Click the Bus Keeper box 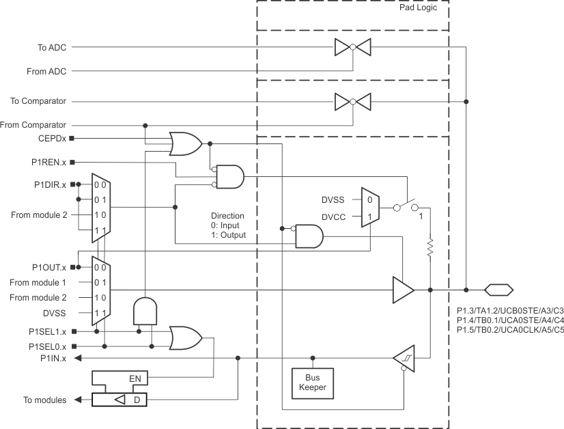(313, 383)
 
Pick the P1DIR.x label (50, 184)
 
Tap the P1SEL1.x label (48, 331)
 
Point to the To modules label (44, 400)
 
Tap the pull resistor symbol (430, 247)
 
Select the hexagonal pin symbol (499, 290)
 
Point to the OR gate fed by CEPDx (186, 143)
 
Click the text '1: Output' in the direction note (229, 235)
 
